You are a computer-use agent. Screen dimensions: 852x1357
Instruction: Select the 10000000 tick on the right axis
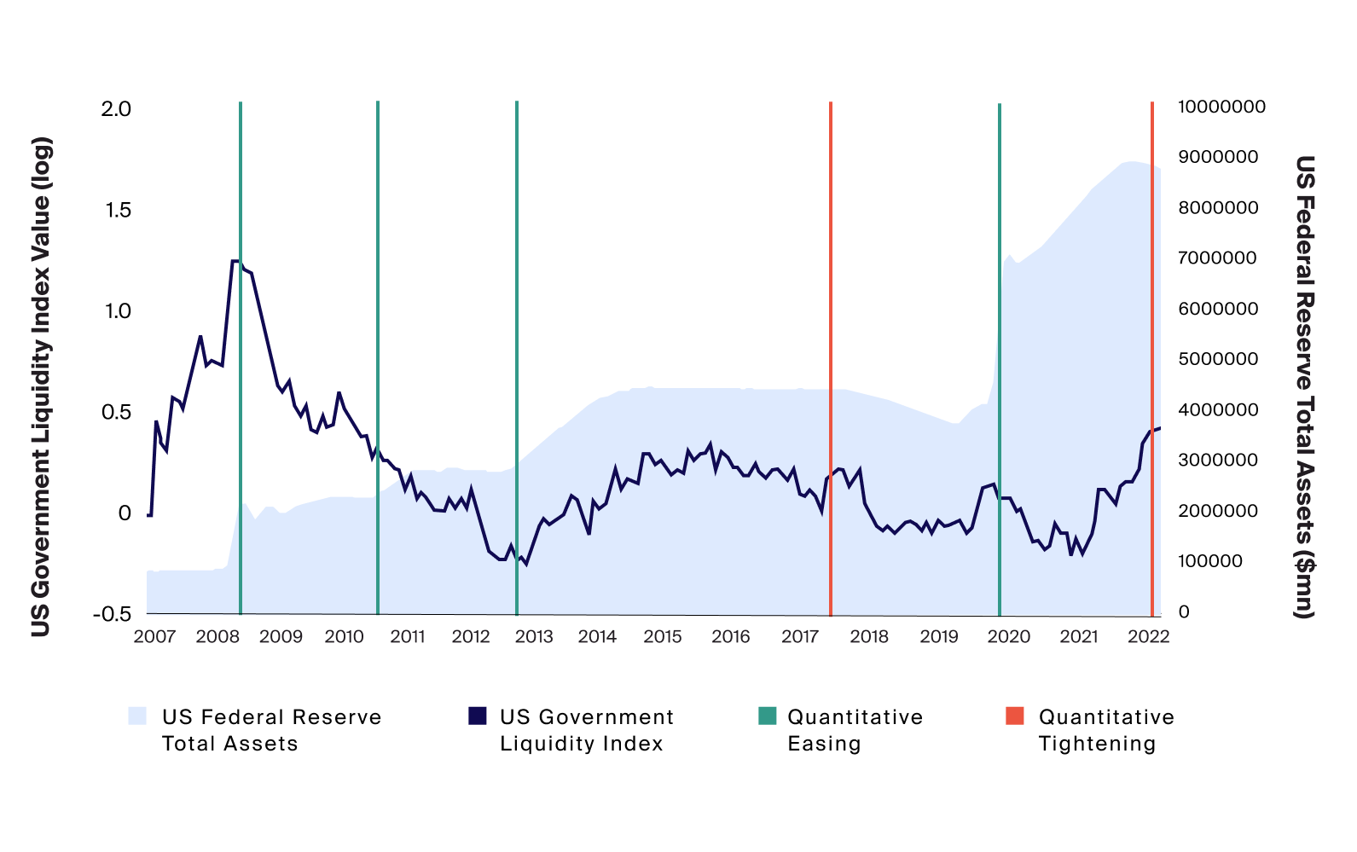tap(1221, 107)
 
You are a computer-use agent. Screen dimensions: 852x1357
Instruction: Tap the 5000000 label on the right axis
tap(1218, 359)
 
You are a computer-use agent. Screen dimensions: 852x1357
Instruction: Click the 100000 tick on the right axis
tap(1210, 561)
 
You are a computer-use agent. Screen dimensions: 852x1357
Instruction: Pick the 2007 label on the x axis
tap(154, 636)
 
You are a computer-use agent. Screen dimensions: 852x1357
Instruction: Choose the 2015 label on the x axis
tap(663, 636)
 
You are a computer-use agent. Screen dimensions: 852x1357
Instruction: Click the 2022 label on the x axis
tap(1148, 636)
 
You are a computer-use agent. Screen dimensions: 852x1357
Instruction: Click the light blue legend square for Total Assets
tap(137, 716)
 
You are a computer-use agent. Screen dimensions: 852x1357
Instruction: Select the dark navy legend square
tap(478, 716)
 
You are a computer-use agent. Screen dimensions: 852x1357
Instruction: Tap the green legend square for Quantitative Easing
tap(767, 716)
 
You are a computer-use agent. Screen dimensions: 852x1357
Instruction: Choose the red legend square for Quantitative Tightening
tap(1015, 716)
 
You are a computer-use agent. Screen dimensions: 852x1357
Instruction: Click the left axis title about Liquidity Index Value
tap(41, 385)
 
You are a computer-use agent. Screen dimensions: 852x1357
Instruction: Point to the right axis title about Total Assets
tap(1304, 385)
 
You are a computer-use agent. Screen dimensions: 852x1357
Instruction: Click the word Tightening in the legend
tap(1097, 744)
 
